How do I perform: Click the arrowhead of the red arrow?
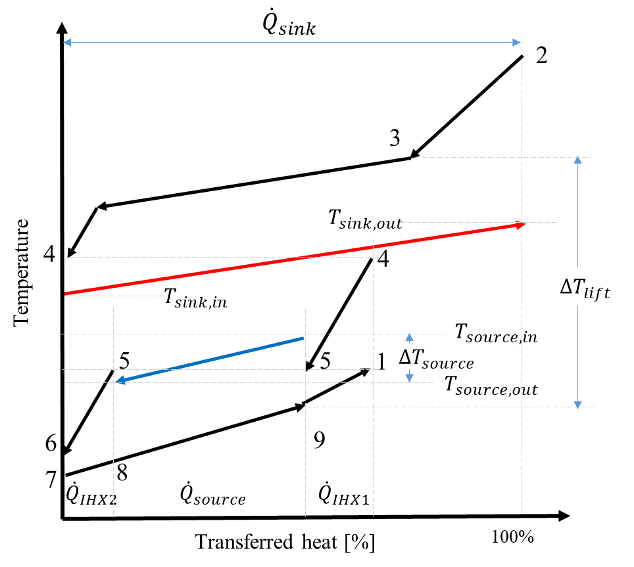(522, 225)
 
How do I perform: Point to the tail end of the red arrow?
(66, 293)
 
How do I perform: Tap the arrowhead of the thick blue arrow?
(120, 380)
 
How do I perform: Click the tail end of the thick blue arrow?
(303, 338)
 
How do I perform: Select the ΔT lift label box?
(591, 287)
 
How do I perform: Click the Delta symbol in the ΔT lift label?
(565, 286)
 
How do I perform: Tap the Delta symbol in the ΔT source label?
(404, 357)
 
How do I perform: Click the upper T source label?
(485, 332)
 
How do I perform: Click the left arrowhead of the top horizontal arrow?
(66, 43)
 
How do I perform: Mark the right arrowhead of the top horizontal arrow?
(518, 43)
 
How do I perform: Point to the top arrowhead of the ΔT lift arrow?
(577, 159)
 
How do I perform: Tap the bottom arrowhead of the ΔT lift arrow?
(577, 405)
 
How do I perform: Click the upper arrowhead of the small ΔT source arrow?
(409, 336)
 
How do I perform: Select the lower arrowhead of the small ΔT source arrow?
(409, 378)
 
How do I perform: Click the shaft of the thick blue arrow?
(210, 359)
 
